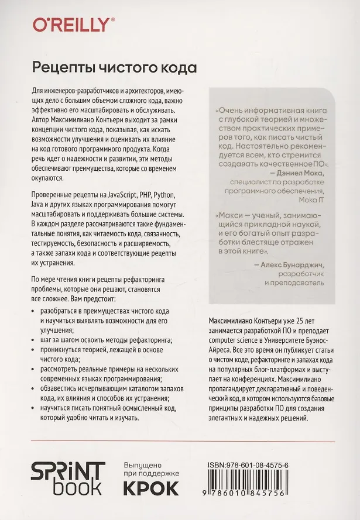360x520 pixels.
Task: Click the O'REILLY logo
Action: [71, 24]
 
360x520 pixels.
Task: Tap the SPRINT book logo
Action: [68, 477]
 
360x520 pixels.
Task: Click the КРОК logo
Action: [151, 487]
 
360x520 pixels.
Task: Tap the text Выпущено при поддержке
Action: [150, 468]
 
